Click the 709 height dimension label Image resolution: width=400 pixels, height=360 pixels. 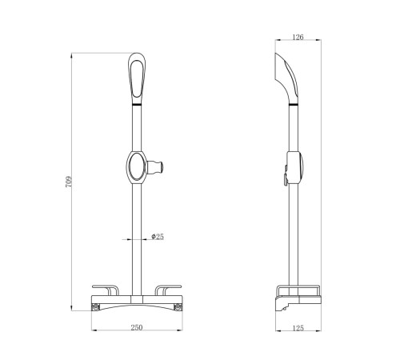tap(69, 182)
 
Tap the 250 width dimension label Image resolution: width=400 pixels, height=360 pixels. tap(137, 327)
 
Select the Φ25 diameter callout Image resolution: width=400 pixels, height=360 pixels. tap(158, 237)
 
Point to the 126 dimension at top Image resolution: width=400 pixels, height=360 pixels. tap(298, 37)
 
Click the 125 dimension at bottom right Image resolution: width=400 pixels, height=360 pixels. tap(298, 328)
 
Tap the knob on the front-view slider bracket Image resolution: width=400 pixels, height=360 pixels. tap(155, 167)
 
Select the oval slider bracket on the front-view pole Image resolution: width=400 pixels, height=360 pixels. tap(136, 167)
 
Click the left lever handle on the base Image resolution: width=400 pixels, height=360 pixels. tap(106, 290)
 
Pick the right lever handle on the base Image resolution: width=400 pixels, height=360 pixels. tap(168, 290)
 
